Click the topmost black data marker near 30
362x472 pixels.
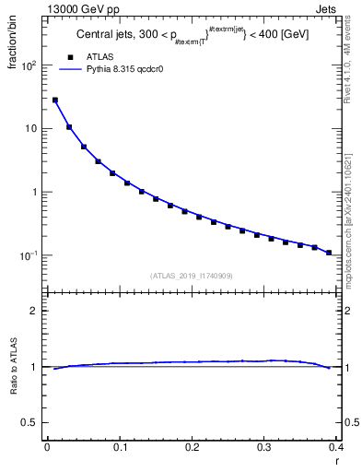(55, 100)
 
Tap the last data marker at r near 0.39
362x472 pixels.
(329, 253)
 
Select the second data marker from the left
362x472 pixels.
(69, 127)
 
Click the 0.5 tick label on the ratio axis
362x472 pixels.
(31, 423)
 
